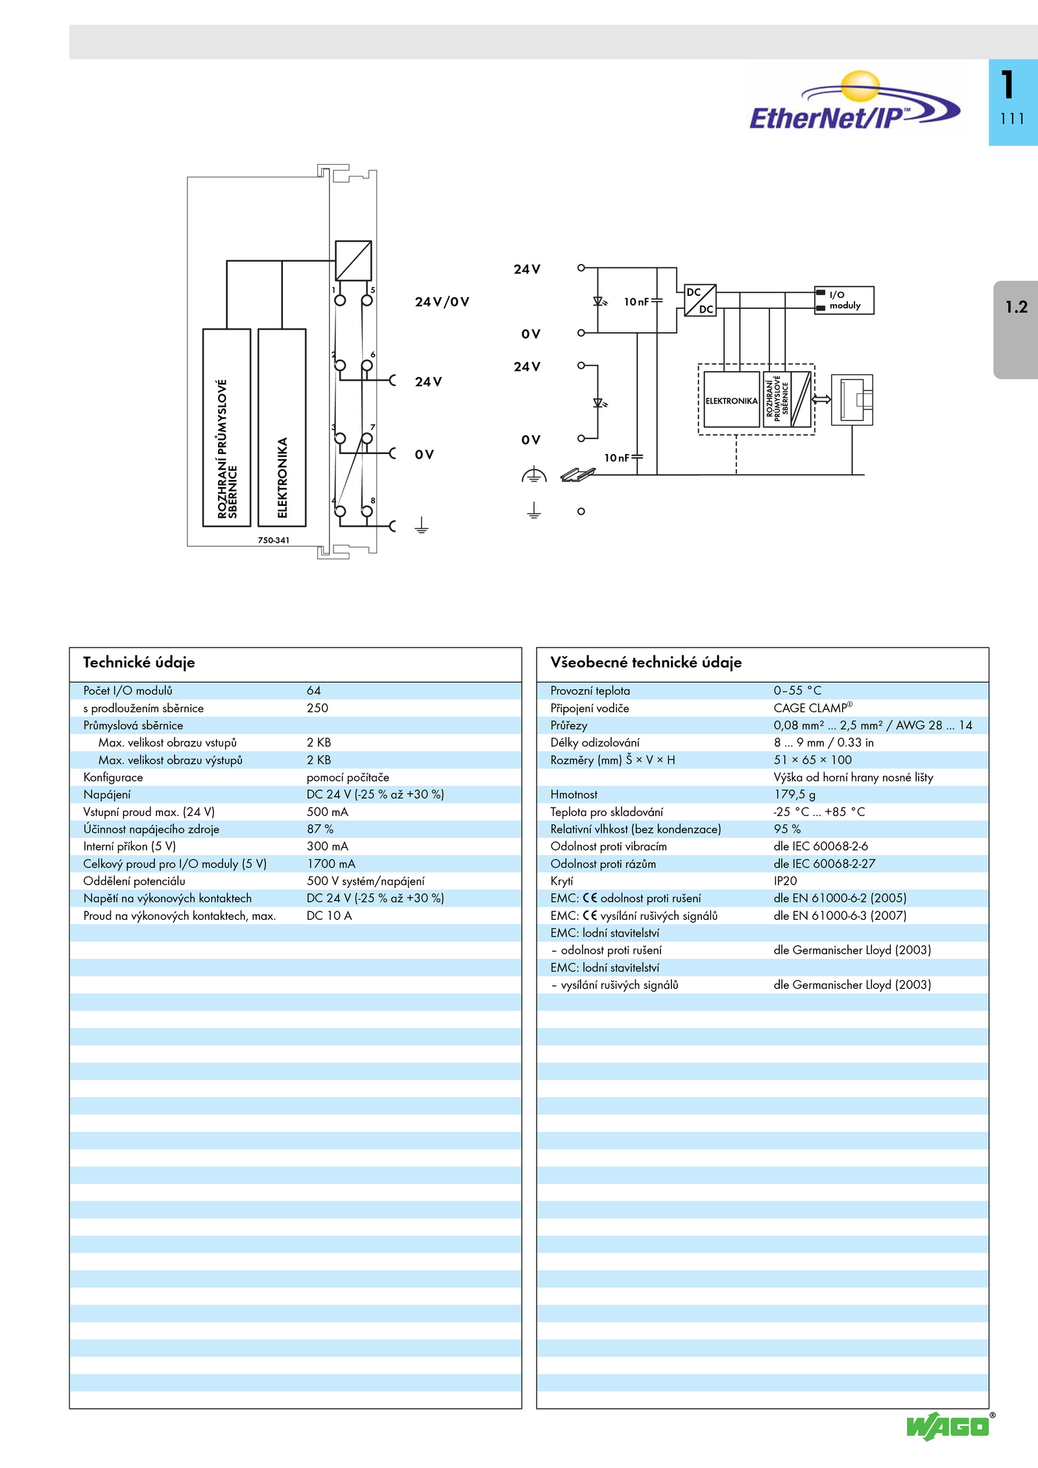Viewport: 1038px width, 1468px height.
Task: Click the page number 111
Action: click(x=1012, y=119)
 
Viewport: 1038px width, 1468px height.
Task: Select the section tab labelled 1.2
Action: click(x=1016, y=330)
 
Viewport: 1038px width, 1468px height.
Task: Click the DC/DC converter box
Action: click(x=700, y=300)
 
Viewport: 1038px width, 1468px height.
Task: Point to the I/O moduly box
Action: click(x=844, y=300)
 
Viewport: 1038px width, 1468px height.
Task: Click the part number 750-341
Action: click(x=274, y=540)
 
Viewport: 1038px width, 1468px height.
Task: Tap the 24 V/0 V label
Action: click(x=442, y=302)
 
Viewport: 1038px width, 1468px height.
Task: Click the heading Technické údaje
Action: click(x=139, y=662)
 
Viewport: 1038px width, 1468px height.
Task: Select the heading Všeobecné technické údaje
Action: click(x=646, y=662)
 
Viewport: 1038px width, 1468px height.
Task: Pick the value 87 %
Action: click(x=320, y=829)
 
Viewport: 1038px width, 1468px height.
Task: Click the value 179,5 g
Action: click(x=795, y=795)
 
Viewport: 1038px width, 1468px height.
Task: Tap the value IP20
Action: click(x=785, y=881)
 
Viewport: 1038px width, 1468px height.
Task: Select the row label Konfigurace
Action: click(x=113, y=777)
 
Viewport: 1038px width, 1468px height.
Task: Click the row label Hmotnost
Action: click(x=573, y=795)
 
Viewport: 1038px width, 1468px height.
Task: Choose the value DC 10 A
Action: click(x=329, y=916)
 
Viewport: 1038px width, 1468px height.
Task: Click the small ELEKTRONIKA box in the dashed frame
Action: click(x=732, y=400)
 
